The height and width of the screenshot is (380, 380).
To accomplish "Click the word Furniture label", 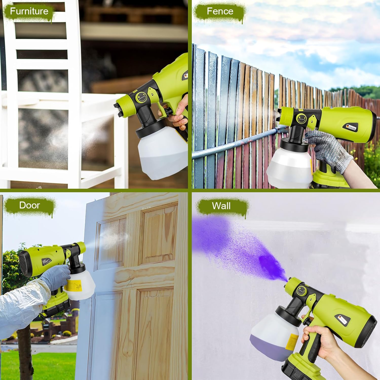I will tap(29, 11).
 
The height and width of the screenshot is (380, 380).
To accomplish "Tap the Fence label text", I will tap(220, 11).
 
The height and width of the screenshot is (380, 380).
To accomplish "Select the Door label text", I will tap(29, 205).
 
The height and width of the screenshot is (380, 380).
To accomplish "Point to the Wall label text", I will tap(221, 206).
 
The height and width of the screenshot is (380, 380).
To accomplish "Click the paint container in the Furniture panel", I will tap(162, 152).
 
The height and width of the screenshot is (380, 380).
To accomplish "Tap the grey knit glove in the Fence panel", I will tap(329, 149).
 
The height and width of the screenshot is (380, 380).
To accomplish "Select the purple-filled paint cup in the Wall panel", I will tap(274, 337).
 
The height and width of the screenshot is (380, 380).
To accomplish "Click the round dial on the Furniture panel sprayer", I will tap(141, 97).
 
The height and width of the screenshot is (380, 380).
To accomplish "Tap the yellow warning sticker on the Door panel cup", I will tap(73, 286).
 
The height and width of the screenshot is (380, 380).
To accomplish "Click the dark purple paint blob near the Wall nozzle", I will tap(271, 267).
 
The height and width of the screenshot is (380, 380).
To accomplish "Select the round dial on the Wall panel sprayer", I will tap(301, 290).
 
